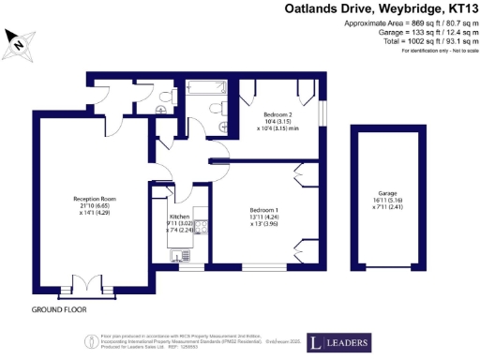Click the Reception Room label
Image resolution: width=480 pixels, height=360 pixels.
click(x=95, y=198)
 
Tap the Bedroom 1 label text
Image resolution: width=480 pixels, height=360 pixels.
click(x=263, y=209)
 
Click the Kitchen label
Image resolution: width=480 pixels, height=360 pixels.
click(x=179, y=217)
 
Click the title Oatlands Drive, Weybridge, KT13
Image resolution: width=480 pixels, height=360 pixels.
click(x=381, y=9)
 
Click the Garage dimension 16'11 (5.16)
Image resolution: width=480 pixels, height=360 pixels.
click(x=375, y=199)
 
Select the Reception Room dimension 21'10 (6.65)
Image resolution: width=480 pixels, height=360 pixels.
click(x=95, y=205)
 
